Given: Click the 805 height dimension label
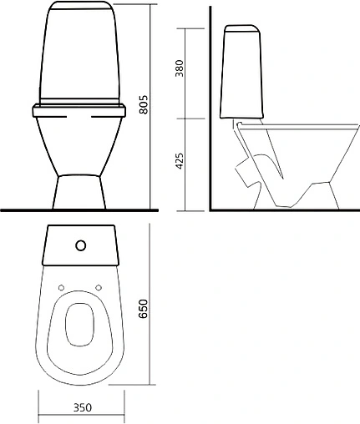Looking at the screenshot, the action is [x=144, y=104].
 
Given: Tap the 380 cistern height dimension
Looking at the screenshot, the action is [x=180, y=68].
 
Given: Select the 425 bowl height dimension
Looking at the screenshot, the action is [x=180, y=161].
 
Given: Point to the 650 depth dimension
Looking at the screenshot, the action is [x=143, y=309].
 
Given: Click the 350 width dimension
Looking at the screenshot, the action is [x=83, y=407].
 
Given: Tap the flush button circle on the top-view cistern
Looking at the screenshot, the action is [x=81, y=245].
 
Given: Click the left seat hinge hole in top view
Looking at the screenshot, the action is [x=62, y=288].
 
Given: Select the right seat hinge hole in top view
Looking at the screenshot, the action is [x=99, y=288].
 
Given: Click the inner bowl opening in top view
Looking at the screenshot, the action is [x=79, y=325].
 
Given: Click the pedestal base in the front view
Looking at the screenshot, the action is [x=79, y=192].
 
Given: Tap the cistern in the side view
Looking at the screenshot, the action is [x=241, y=72].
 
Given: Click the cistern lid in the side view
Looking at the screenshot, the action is [x=242, y=28].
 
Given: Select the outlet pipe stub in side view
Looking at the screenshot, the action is [x=243, y=172].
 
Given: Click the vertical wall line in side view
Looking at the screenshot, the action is [x=210, y=109].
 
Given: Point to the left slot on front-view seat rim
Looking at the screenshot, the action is [x=58, y=117].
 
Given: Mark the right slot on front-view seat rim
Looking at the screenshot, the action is [x=101, y=117].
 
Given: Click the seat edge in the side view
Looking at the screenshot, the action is [x=298, y=127].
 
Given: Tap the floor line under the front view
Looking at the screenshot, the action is [x=79, y=210].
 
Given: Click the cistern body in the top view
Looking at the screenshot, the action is [x=81, y=245].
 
